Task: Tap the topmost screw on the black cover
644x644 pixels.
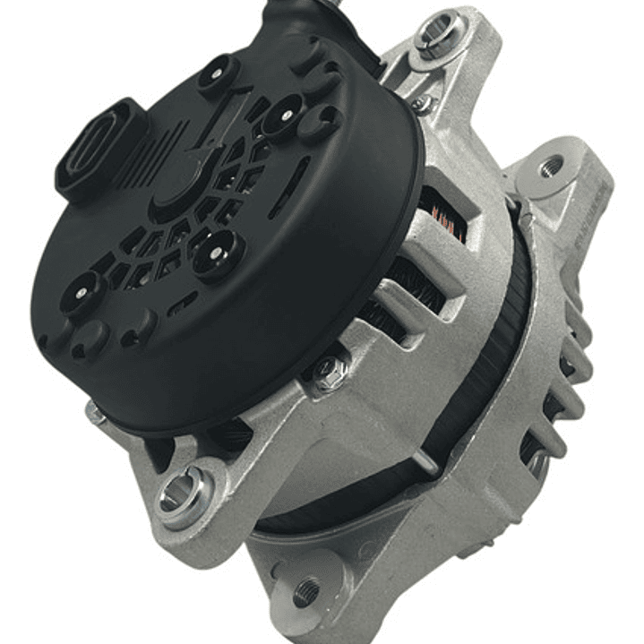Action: (219, 73)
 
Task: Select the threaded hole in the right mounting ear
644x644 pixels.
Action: (551, 166)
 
